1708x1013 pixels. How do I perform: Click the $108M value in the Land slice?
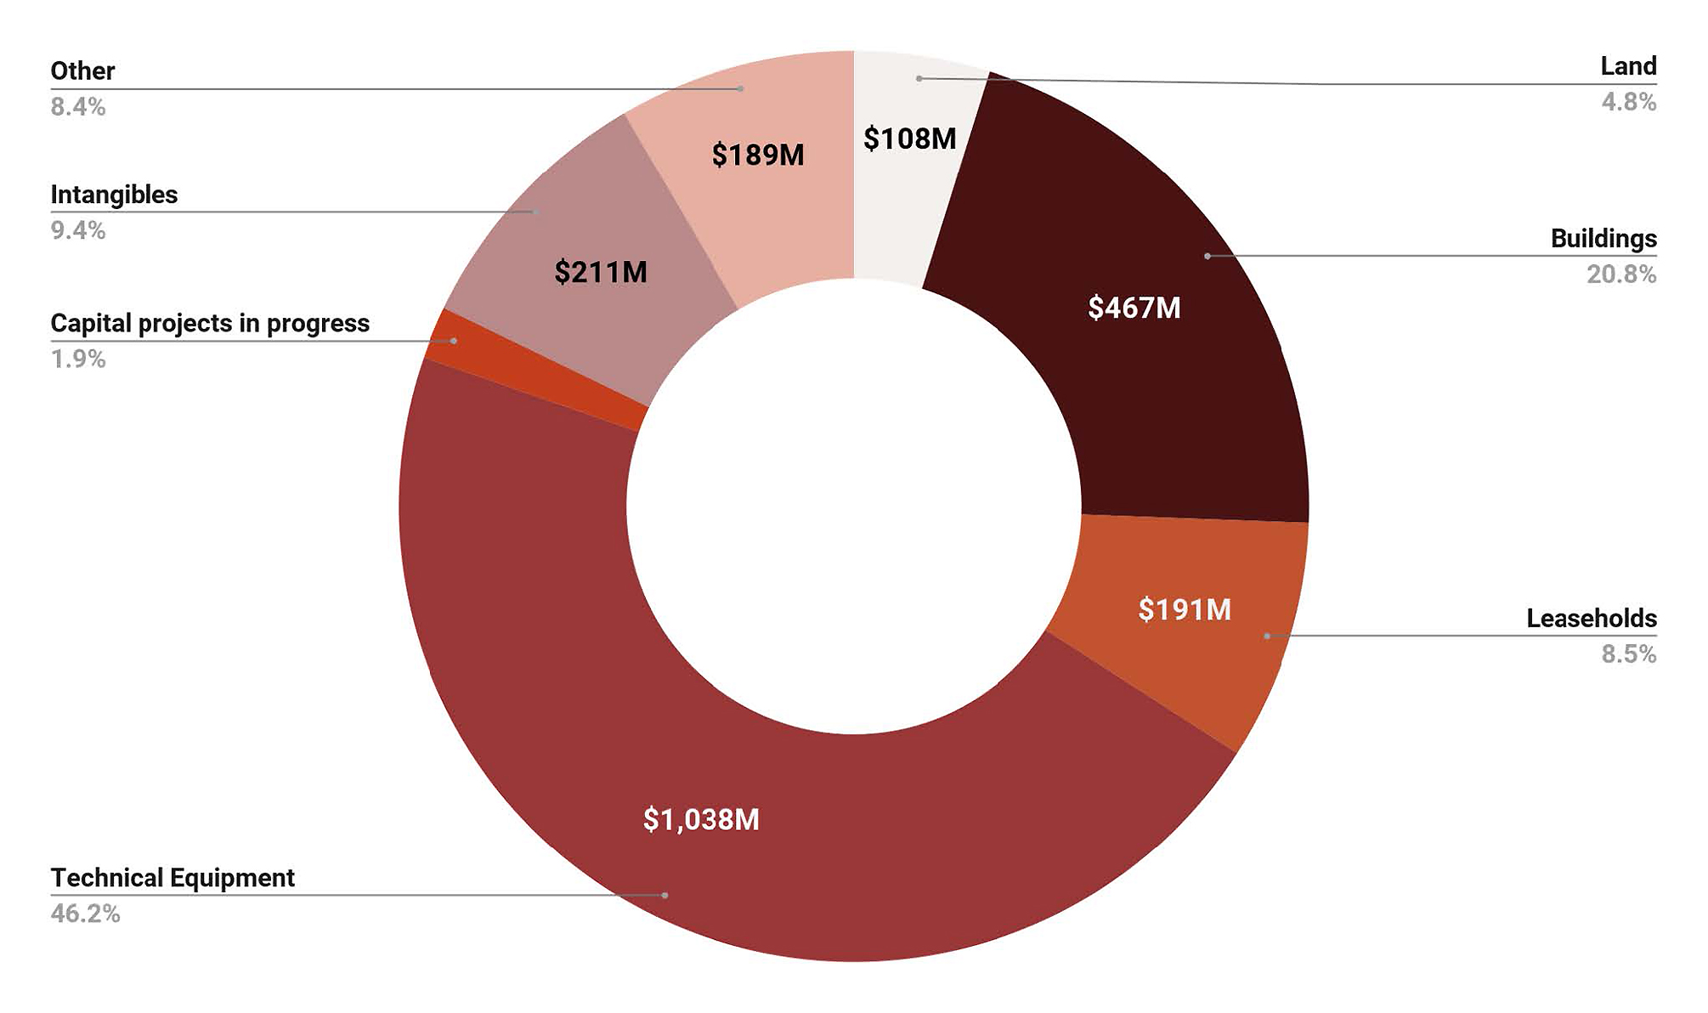909,139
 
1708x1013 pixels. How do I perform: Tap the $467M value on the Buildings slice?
1134,308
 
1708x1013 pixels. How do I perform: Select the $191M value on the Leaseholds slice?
1185,609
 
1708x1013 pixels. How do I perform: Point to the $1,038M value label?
701,819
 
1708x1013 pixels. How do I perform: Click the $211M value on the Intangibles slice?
601,272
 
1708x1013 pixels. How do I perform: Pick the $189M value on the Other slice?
758,155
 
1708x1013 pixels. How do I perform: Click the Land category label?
1628,66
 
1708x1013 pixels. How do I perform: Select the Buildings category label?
1603,239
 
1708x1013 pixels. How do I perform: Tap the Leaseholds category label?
1591,619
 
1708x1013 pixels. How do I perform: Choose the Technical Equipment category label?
172,878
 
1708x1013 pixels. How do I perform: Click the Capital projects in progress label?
210,324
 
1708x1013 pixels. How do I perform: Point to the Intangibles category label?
114,195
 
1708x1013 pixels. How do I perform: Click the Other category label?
82,71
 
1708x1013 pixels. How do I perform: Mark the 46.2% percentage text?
85,914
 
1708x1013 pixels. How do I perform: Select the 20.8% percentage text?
1621,274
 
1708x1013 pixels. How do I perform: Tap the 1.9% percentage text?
78,359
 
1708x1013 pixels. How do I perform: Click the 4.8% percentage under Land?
1628,103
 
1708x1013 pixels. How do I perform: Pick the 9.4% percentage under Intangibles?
78,231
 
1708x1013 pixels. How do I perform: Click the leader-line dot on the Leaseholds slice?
1266,636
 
